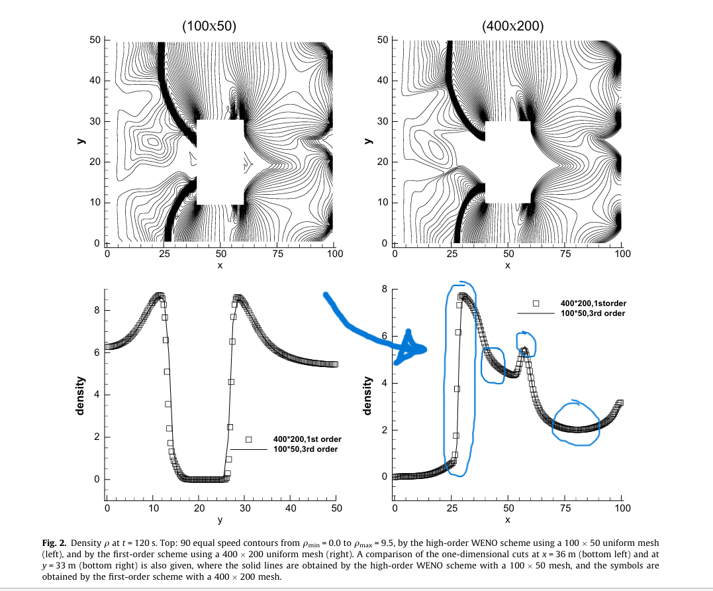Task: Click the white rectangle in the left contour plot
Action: click(220, 162)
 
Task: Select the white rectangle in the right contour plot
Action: click(508, 162)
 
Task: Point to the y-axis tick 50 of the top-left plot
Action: click(95, 40)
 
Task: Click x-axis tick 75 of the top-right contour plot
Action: click(565, 254)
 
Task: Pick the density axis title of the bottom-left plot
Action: click(80, 396)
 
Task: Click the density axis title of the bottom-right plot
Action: click(367, 396)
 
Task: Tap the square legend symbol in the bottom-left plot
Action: click(249, 439)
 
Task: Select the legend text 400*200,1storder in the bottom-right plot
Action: click(593, 303)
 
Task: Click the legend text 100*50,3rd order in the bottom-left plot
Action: click(305, 449)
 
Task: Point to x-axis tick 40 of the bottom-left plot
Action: click(291, 508)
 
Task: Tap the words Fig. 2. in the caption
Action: click(56, 543)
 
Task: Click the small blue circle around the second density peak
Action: click(526, 344)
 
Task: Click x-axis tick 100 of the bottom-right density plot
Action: click(622, 508)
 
